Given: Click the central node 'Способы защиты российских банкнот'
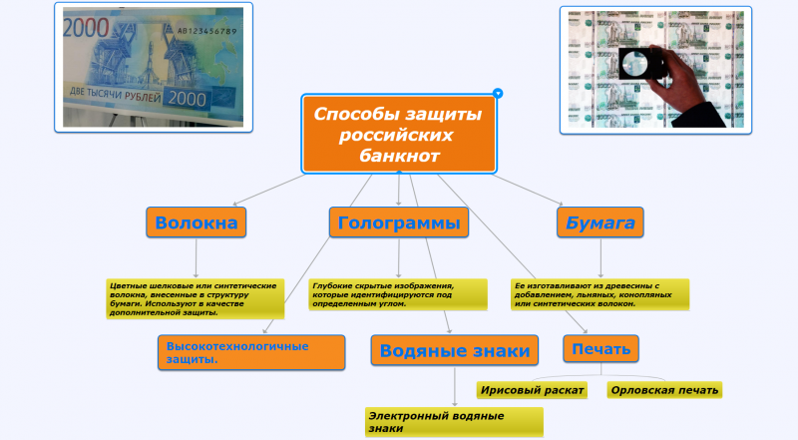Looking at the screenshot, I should [x=398, y=134].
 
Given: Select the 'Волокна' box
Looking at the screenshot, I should [x=197, y=222].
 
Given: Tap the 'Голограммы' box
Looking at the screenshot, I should [x=398, y=222].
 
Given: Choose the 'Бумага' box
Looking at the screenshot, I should [x=600, y=222].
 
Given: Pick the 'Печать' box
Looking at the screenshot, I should [x=600, y=349].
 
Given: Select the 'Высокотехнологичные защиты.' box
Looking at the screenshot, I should [x=249, y=353].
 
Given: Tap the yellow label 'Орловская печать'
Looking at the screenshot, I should [x=664, y=389].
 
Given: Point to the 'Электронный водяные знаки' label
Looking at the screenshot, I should [x=453, y=421].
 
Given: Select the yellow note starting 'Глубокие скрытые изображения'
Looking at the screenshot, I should [x=398, y=294].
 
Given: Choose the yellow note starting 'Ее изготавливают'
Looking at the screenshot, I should [x=599, y=294].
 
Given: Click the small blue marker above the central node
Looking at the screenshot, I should [x=498, y=93].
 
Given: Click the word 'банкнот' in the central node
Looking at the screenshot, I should [x=398, y=156].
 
